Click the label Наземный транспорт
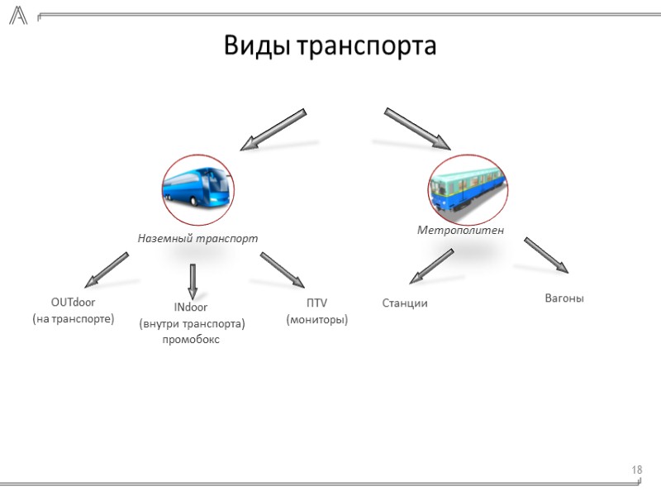[197, 238]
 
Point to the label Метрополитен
[460, 229]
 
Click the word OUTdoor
[73, 303]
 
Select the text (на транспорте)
[73, 318]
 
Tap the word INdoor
[191, 308]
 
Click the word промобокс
[192, 340]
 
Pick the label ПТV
[316, 303]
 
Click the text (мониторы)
[316, 319]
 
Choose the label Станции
[405, 303]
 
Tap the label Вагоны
[564, 298]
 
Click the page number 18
[637, 470]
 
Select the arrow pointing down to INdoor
[193, 281]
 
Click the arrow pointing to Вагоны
[546, 255]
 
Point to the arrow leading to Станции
[431, 266]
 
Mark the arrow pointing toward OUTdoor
[107, 269]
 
